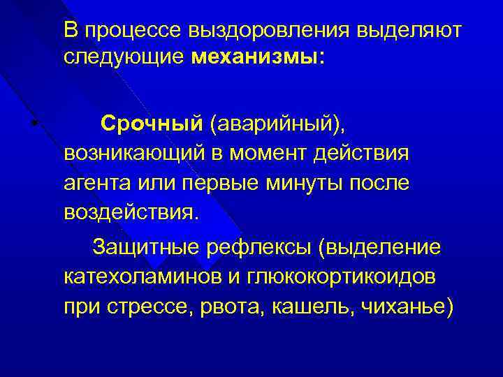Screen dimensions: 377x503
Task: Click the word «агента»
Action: click(97, 182)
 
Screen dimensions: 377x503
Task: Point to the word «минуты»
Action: click(320, 182)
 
